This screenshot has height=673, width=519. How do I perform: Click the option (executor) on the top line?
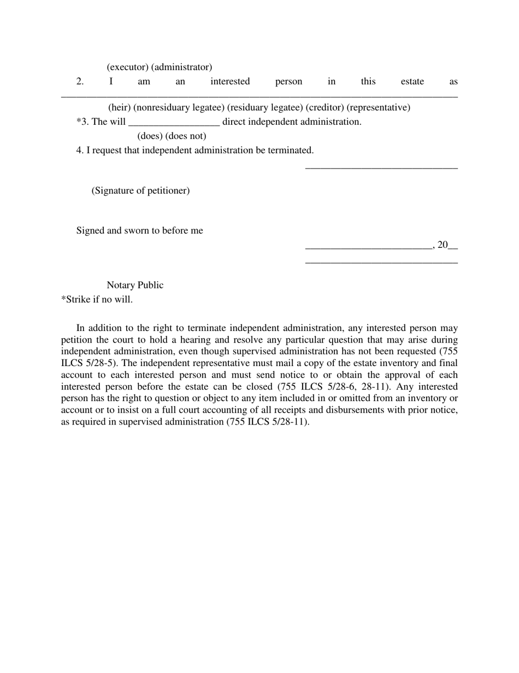pos(128,67)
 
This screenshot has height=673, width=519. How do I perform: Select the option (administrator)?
pos(182,67)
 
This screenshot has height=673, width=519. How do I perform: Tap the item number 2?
pos(80,82)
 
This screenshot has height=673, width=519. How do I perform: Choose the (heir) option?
pos(119,107)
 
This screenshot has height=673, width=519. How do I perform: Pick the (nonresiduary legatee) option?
pos(179,107)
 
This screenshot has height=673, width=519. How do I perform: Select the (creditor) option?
pos(325,107)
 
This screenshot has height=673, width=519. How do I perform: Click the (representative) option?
pos(378,107)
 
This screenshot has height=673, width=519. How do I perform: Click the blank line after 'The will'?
pos(174,123)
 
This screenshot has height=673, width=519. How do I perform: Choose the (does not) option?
pos(186,136)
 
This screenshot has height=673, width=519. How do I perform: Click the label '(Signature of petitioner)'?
pos(140,190)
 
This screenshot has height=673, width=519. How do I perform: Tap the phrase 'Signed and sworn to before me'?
pos(139,230)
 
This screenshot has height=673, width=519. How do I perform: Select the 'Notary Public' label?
pos(135,285)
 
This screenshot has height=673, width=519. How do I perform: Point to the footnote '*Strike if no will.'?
pos(97,299)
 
